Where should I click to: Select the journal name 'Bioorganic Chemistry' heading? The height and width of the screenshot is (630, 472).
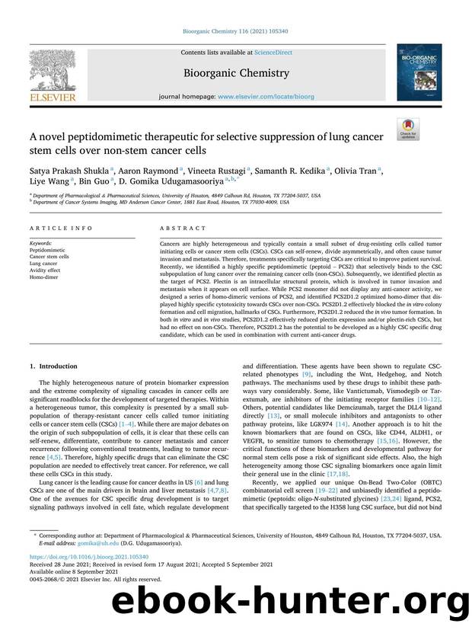235,73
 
